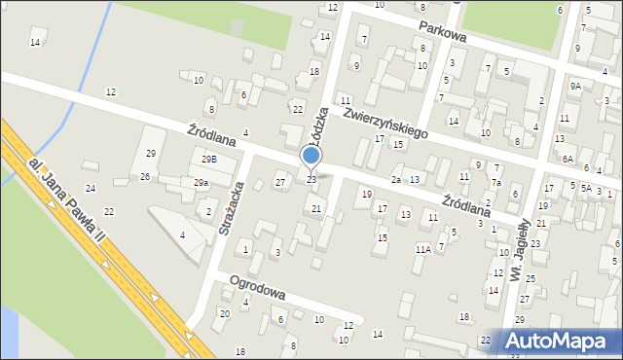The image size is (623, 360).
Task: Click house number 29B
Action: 209,159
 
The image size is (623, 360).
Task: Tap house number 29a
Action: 201,182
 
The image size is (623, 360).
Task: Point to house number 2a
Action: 396,180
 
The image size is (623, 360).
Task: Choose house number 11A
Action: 422,249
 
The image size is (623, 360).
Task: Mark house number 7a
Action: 495,183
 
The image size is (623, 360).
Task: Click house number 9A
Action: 575,86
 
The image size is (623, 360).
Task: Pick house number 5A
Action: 586,189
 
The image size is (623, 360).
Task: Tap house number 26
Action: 145,176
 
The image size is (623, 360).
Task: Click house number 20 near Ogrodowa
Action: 225,313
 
